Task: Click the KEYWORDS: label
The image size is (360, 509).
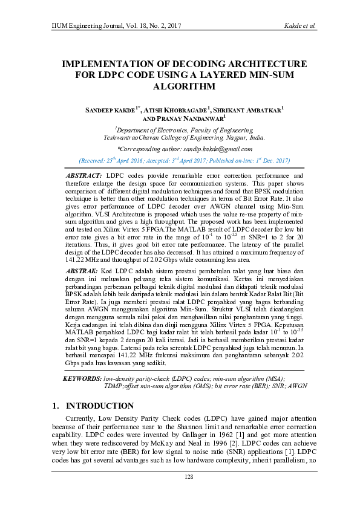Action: click(82, 378)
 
